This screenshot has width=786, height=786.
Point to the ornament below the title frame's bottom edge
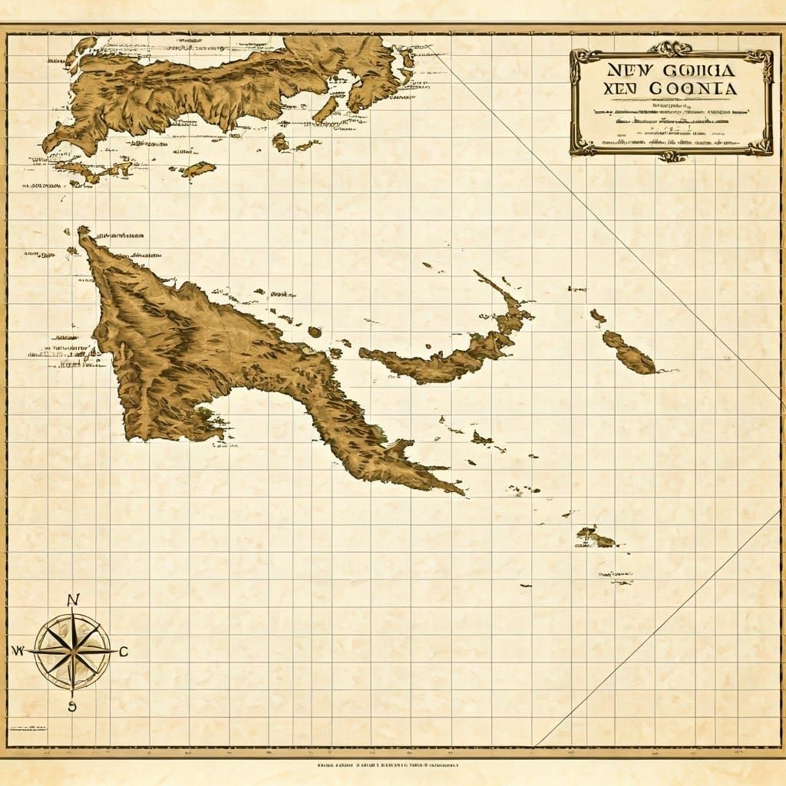click(x=672, y=156)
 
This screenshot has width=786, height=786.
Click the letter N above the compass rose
click(x=73, y=600)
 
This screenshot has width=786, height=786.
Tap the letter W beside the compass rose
click(x=18, y=651)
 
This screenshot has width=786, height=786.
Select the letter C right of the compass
click(x=123, y=652)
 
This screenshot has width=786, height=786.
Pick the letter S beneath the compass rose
click(x=72, y=706)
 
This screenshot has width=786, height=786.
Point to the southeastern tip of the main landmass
click(x=461, y=491)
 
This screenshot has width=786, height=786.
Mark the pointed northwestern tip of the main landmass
click(x=82, y=230)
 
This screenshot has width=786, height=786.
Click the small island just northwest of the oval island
click(x=598, y=315)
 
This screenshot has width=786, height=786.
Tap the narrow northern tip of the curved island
click(x=480, y=275)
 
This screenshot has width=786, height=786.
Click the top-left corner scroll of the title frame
click(x=578, y=55)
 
